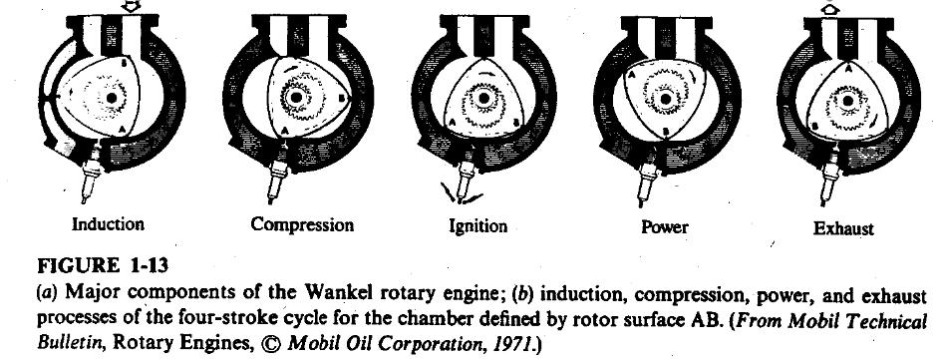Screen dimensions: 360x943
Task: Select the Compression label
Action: [x=302, y=224]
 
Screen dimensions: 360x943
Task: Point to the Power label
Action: [x=664, y=226]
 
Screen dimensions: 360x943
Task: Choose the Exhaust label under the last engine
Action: [x=842, y=228]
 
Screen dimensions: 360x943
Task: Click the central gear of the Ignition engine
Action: [x=483, y=101]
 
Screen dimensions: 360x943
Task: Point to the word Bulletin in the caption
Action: [x=52, y=342]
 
